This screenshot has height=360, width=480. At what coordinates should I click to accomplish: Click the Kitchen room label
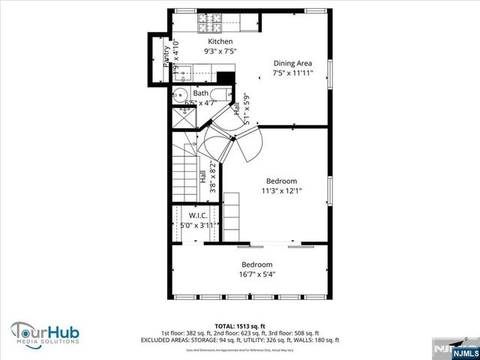point(220,42)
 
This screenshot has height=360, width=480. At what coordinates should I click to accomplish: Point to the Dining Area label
point(292,63)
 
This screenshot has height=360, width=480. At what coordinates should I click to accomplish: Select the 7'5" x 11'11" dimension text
point(292,73)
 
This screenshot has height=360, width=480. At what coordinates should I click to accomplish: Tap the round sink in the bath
point(180,94)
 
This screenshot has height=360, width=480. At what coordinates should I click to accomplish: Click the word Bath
point(201,94)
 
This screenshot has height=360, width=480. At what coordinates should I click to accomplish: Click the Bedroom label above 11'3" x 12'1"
point(282,181)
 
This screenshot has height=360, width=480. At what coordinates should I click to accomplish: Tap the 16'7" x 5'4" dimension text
point(256,274)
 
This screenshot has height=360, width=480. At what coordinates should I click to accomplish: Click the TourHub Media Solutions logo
point(45,331)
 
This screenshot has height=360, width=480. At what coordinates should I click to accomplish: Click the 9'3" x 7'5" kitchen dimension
point(220,52)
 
